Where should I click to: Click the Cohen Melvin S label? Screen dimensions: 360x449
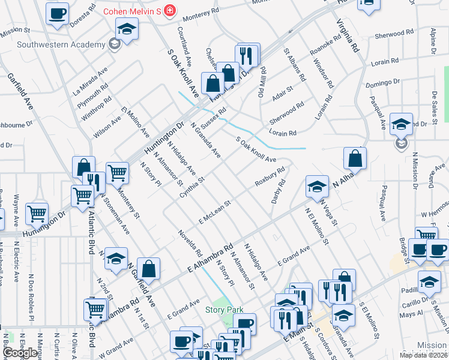click(133, 11)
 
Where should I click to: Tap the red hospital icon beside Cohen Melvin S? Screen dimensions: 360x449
click(170, 11)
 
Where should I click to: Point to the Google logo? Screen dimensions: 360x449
click(20, 353)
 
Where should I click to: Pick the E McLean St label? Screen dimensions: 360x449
click(215, 213)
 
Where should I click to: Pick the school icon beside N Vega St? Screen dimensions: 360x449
click(317, 186)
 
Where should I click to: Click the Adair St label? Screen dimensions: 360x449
click(282, 92)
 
